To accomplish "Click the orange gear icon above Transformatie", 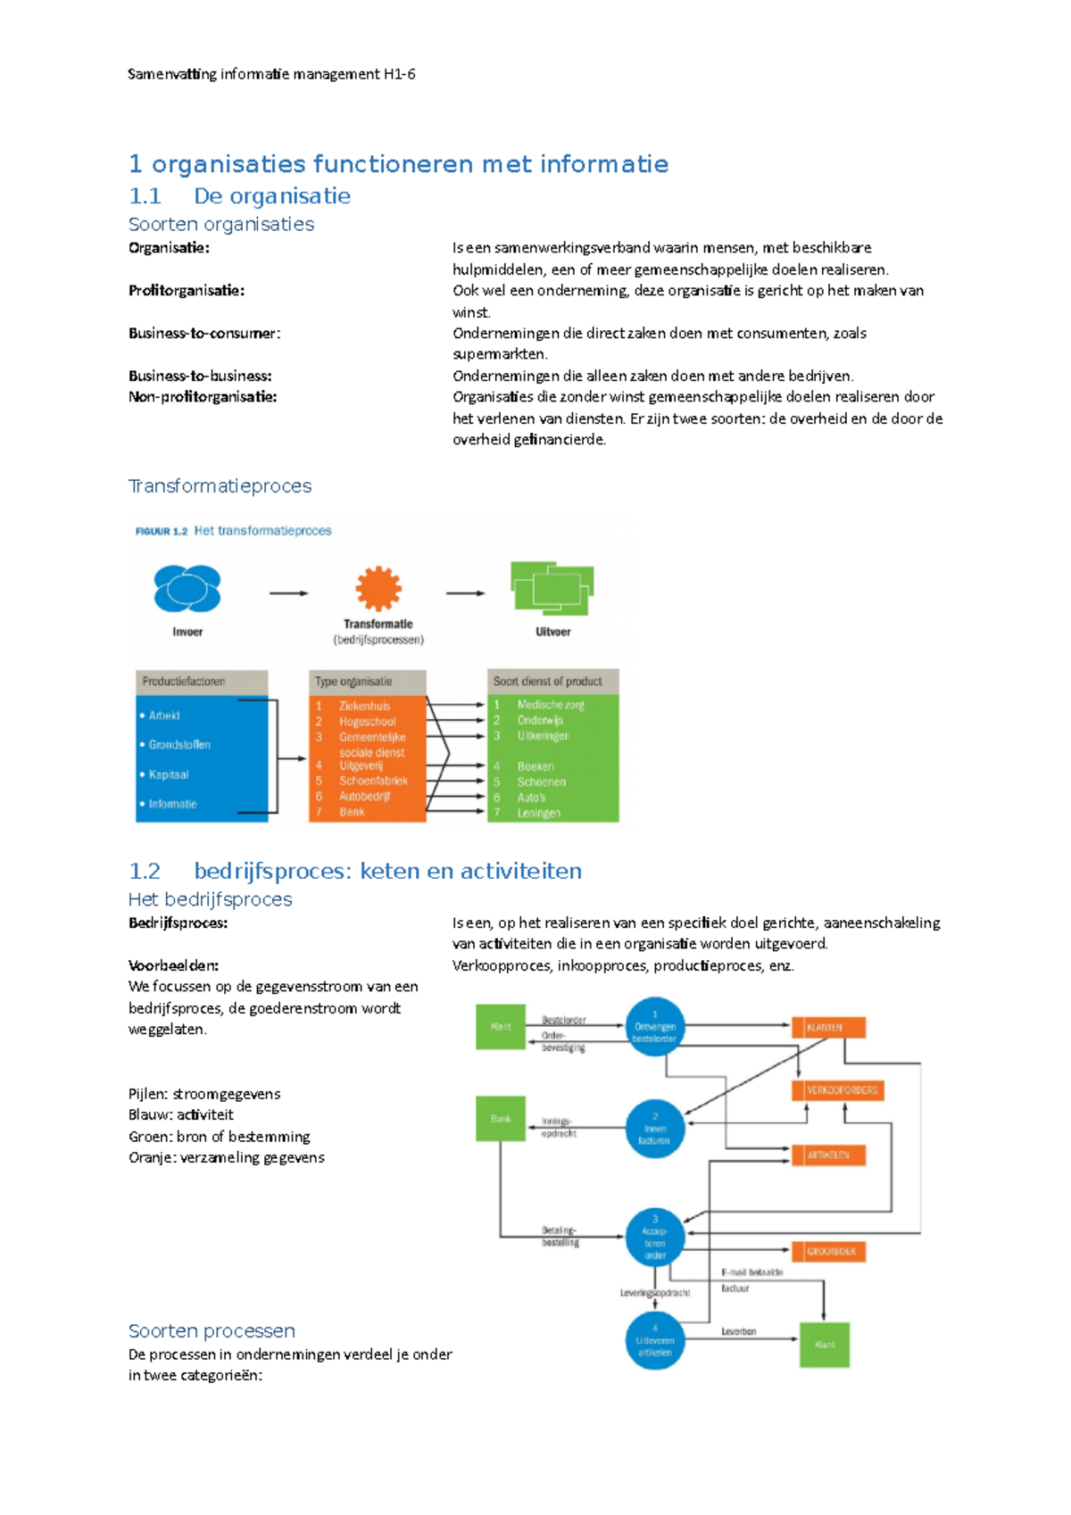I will coord(378,589).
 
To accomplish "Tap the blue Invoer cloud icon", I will coord(187,588).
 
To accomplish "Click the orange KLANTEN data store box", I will coord(828,1027).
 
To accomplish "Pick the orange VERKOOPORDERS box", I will coord(837,1090).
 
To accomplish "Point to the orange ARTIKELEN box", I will coord(828,1155).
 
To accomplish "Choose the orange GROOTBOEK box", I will coord(829,1251).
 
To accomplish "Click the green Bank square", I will coord(501,1118).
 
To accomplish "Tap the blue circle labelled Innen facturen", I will coord(655,1129).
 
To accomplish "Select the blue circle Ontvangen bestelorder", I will coord(655,1027).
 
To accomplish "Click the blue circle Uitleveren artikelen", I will coord(655,1341).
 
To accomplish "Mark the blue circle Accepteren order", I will coord(655,1238).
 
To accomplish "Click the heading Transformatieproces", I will coord(220,485).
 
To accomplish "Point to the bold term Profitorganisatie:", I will coord(186,290).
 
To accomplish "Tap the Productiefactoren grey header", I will coord(202,682).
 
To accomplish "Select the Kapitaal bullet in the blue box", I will coord(169,774).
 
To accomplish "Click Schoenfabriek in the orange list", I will coord(373,781).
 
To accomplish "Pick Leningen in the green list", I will coord(539,813).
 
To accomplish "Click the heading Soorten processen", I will coord(212,1330).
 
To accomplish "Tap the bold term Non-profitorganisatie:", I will coord(203,396).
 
